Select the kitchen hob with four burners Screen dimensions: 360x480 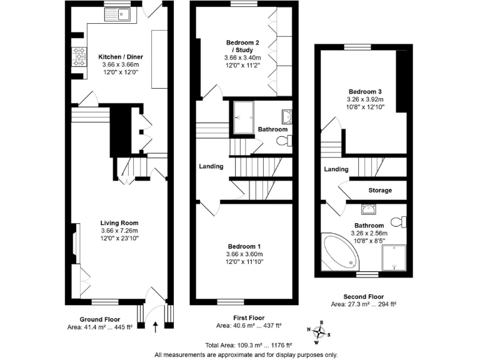pos(79,56)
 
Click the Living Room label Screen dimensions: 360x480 pos(119,222)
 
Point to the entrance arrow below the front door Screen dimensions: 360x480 pos(155,324)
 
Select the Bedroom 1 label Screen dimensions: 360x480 pos(244,246)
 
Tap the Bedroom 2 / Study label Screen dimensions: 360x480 pos(244,46)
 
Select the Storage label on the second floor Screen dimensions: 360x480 pos(380,190)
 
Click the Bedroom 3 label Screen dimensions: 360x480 pos(366,92)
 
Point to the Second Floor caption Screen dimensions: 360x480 pos(363,297)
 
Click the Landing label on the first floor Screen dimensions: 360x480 pos(211,166)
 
